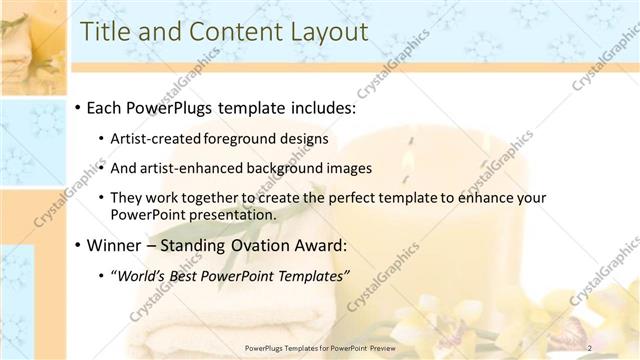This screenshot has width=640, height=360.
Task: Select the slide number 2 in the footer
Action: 589,347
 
